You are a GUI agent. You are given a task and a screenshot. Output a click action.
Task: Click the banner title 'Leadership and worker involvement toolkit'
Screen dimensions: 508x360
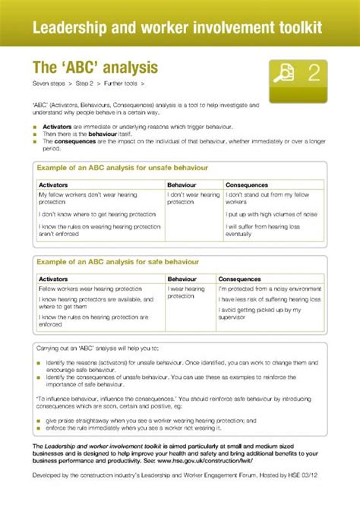coord(177,27)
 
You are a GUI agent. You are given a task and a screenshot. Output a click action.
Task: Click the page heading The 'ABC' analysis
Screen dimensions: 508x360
coord(94,66)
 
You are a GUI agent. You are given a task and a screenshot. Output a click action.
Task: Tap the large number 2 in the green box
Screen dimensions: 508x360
coord(313,74)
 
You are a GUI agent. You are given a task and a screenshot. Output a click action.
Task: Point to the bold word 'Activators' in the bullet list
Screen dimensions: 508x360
coord(57,126)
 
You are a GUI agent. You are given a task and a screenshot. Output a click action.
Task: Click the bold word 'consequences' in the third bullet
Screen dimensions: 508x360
coord(73,140)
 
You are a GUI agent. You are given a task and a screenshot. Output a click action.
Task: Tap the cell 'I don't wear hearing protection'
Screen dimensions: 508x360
coord(193,198)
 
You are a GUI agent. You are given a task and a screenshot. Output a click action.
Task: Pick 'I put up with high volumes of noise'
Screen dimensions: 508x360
coord(272,214)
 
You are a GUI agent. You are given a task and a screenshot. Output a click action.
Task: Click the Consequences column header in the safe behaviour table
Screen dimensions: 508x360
coord(240,279)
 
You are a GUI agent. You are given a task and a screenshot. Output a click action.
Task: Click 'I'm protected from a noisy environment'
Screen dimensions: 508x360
coord(269,289)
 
